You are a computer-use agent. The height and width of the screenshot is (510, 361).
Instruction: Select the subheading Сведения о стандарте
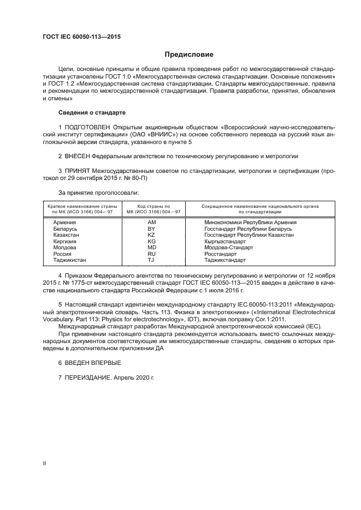click(x=92, y=112)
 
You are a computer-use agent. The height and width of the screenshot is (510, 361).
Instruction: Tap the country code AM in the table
click(x=151, y=223)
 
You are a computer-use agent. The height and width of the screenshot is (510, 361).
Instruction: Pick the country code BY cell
click(x=151, y=229)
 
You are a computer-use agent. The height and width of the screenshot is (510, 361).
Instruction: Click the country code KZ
click(x=151, y=235)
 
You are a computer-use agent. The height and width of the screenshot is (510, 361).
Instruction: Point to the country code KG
click(x=151, y=242)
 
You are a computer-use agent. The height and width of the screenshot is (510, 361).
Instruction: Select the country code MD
click(x=151, y=248)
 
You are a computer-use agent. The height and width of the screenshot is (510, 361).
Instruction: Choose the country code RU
click(x=151, y=254)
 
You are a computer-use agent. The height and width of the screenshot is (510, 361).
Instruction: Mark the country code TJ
click(x=151, y=260)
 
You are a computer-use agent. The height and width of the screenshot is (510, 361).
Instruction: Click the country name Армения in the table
click(x=64, y=223)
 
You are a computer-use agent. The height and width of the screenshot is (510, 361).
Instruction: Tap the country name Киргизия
click(x=64, y=242)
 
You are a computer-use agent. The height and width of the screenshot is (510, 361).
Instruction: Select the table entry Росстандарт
click(x=220, y=254)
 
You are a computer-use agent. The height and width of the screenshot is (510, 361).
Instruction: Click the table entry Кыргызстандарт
click(x=224, y=242)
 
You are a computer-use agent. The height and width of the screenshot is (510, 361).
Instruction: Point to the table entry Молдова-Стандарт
click(x=227, y=248)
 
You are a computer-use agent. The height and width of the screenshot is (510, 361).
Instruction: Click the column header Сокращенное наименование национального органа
click(x=260, y=207)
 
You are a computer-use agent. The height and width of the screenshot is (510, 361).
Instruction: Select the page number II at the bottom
click(x=45, y=463)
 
